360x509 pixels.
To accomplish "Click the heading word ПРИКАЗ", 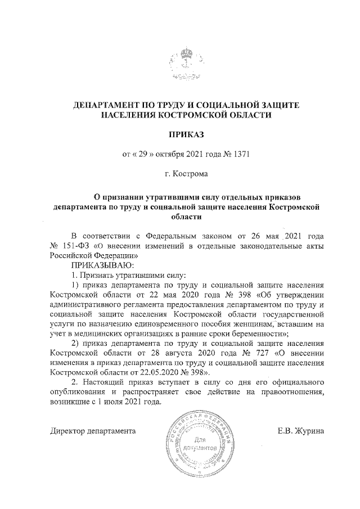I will (x=186, y=134).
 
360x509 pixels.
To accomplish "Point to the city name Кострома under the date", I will (x=191, y=174).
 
